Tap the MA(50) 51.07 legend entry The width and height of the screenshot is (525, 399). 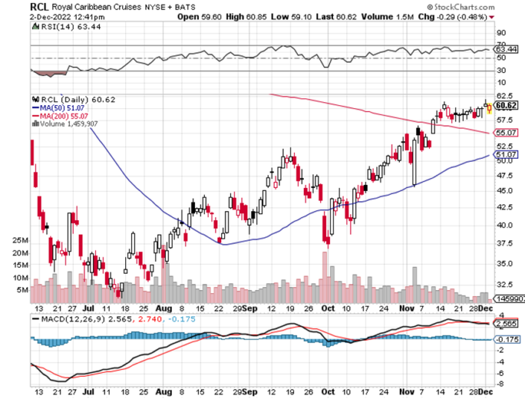tap(63, 107)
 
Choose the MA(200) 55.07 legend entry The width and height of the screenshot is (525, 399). tap(64, 116)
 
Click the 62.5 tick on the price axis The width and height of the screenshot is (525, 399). tap(506, 95)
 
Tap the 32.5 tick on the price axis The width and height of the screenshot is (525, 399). tap(506, 283)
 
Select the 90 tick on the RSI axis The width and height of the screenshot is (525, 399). tap(500, 34)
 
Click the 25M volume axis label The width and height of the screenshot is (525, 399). tap(19, 241)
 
